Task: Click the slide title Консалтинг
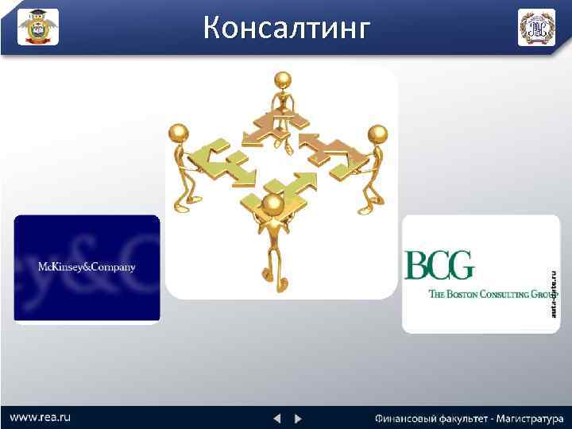(x=287, y=28)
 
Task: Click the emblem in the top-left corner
(x=38, y=28)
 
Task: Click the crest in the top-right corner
(x=536, y=28)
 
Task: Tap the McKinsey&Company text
(x=87, y=266)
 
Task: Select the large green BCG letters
(x=439, y=265)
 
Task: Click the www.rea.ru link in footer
(x=41, y=416)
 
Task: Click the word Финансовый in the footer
(x=404, y=418)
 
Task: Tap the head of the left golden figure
(x=180, y=132)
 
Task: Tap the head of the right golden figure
(x=378, y=133)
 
